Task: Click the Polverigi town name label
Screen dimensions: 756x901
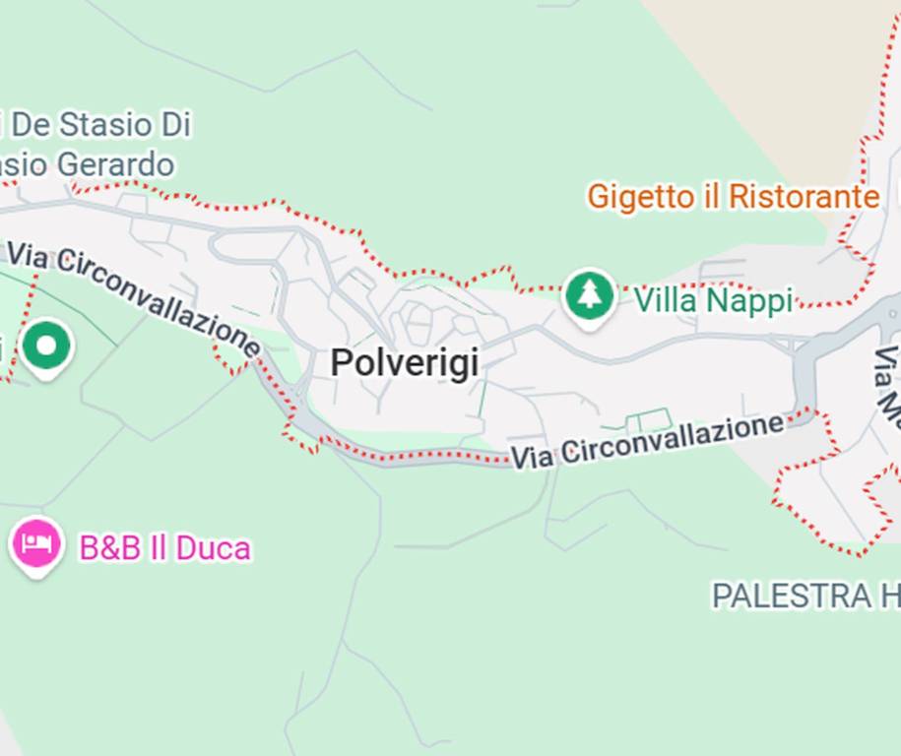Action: (x=405, y=362)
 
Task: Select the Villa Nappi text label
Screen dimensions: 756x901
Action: (x=712, y=300)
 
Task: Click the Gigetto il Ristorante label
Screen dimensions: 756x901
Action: (x=733, y=197)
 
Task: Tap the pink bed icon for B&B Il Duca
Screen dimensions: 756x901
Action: (x=37, y=543)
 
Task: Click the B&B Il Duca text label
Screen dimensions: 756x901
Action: (x=164, y=548)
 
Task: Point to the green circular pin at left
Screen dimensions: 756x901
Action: (x=46, y=346)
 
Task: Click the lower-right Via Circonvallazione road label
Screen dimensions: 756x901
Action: (x=648, y=441)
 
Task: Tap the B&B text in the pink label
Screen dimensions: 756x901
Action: (x=109, y=548)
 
